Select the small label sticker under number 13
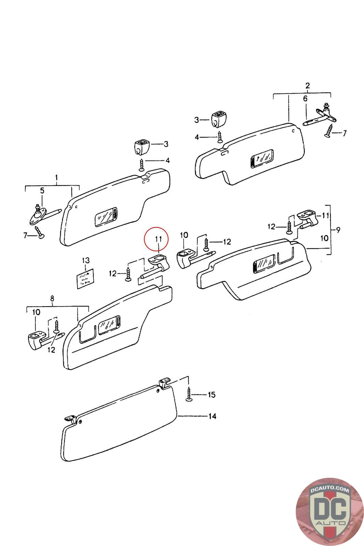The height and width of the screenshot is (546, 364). point(84,278)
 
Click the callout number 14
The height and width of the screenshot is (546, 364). point(212,416)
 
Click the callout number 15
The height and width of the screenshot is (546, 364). point(212,395)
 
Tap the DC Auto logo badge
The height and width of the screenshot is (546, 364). point(330,512)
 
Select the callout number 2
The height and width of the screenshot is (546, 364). point(307,85)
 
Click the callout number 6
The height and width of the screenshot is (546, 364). point(305,99)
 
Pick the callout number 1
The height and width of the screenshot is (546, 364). point(57,178)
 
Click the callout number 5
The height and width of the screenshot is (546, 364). point(42,190)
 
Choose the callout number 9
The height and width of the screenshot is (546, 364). point(338,230)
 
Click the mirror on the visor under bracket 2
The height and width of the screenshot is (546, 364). point(262,159)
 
